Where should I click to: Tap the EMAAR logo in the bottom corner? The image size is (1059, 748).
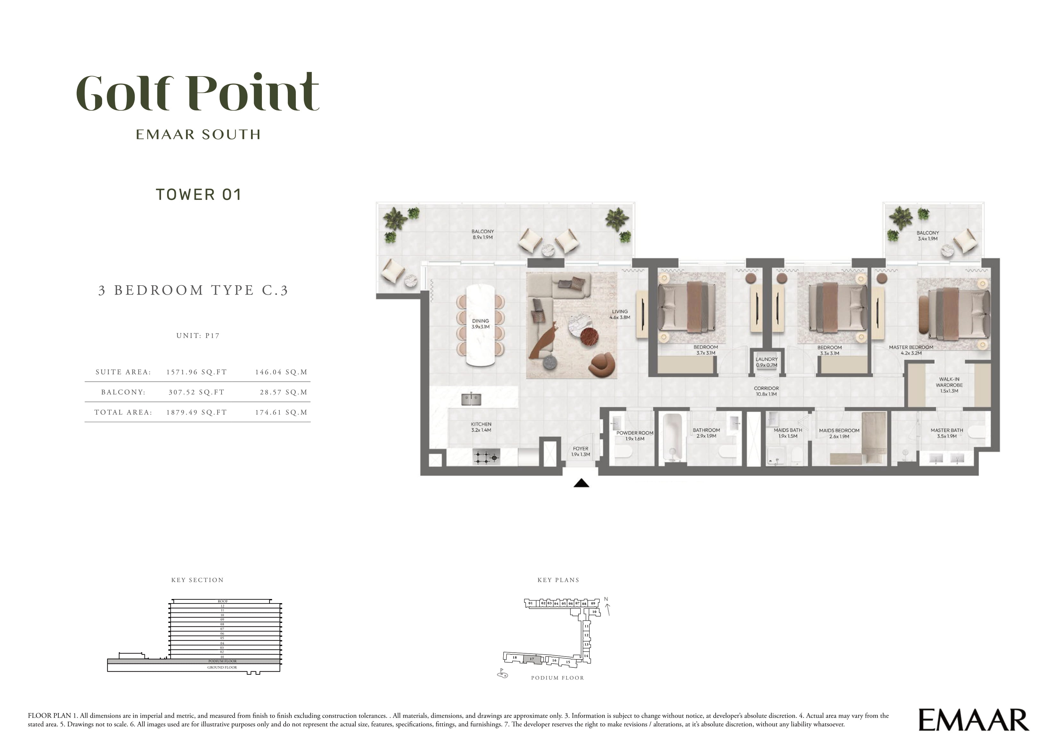[974, 720]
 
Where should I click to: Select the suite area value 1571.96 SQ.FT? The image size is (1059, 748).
[197, 372]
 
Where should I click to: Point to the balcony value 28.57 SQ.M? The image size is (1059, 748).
[284, 392]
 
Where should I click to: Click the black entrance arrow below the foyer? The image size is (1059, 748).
[582, 483]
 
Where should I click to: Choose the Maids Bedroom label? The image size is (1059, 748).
[839, 433]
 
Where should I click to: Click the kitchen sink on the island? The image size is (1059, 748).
[471, 399]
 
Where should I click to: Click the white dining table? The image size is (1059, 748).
[481, 326]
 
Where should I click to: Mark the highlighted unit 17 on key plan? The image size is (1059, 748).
[531, 659]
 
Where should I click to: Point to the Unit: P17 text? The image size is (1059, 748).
[198, 335]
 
